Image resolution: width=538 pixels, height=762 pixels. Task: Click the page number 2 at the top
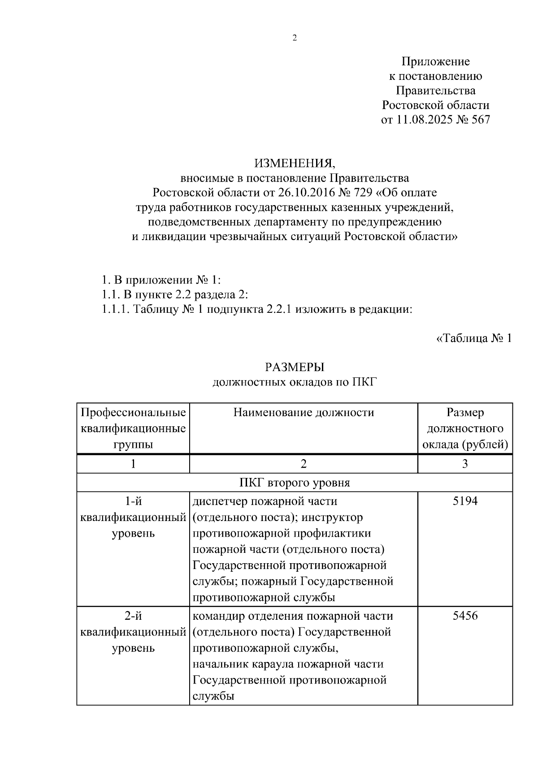click(x=295, y=38)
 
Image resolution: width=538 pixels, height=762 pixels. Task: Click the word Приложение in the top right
click(x=435, y=61)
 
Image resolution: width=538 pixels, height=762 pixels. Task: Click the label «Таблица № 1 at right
click(x=474, y=338)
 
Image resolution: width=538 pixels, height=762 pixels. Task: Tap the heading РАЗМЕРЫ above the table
click(x=295, y=367)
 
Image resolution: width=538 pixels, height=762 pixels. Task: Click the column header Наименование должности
click(x=304, y=412)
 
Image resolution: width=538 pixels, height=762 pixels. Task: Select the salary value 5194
click(x=465, y=501)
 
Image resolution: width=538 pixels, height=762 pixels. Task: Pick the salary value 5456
click(x=465, y=616)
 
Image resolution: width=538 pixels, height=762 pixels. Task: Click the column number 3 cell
click(x=465, y=464)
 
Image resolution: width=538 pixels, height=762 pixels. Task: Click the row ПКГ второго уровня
click(x=295, y=483)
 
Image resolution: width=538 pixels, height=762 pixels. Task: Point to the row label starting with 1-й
click(x=133, y=501)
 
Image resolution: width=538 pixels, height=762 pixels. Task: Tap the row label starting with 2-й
click(x=133, y=616)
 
